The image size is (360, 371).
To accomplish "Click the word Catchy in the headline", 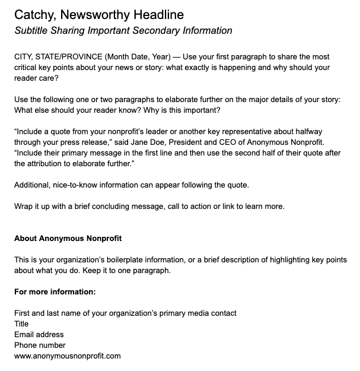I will pos(34,14).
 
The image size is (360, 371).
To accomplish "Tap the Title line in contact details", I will pos(22,324).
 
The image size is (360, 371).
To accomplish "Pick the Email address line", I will pos(39,334).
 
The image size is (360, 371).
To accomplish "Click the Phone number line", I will pos(40,345).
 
